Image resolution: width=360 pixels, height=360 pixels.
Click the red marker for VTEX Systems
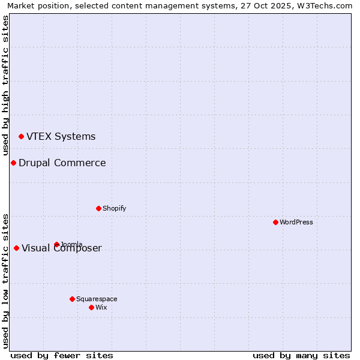[x=22, y=137]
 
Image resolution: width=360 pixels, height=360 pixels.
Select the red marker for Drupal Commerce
[x=13, y=163]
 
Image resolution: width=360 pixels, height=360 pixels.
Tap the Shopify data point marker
[x=98, y=209]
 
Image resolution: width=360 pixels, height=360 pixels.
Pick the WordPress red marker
[x=275, y=223]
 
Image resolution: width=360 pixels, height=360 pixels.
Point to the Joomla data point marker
[x=56, y=245]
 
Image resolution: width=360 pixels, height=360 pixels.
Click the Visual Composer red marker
[x=16, y=248]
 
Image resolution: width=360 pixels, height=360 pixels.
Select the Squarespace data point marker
[x=72, y=299]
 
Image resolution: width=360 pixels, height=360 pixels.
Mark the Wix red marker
[x=91, y=308]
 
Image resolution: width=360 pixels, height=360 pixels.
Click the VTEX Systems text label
[x=61, y=137]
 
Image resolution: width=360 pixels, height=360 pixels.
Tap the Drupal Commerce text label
[x=62, y=163]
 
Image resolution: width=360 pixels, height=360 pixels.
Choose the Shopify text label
[x=114, y=209]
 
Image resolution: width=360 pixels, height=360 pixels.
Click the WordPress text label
[x=296, y=223]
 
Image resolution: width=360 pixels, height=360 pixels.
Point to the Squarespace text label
[x=97, y=299]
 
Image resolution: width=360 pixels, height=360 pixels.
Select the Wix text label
[x=101, y=308]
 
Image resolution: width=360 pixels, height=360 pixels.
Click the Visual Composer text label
[x=62, y=248]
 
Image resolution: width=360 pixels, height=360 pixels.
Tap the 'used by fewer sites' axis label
[x=62, y=355]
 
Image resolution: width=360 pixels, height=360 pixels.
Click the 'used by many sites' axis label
[x=301, y=355]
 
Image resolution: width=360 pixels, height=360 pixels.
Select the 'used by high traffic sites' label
[x=6, y=84]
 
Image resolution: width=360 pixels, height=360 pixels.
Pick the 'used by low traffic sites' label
[x=6, y=281]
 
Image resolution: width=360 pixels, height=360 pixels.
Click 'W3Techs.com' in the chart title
[x=328, y=6]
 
